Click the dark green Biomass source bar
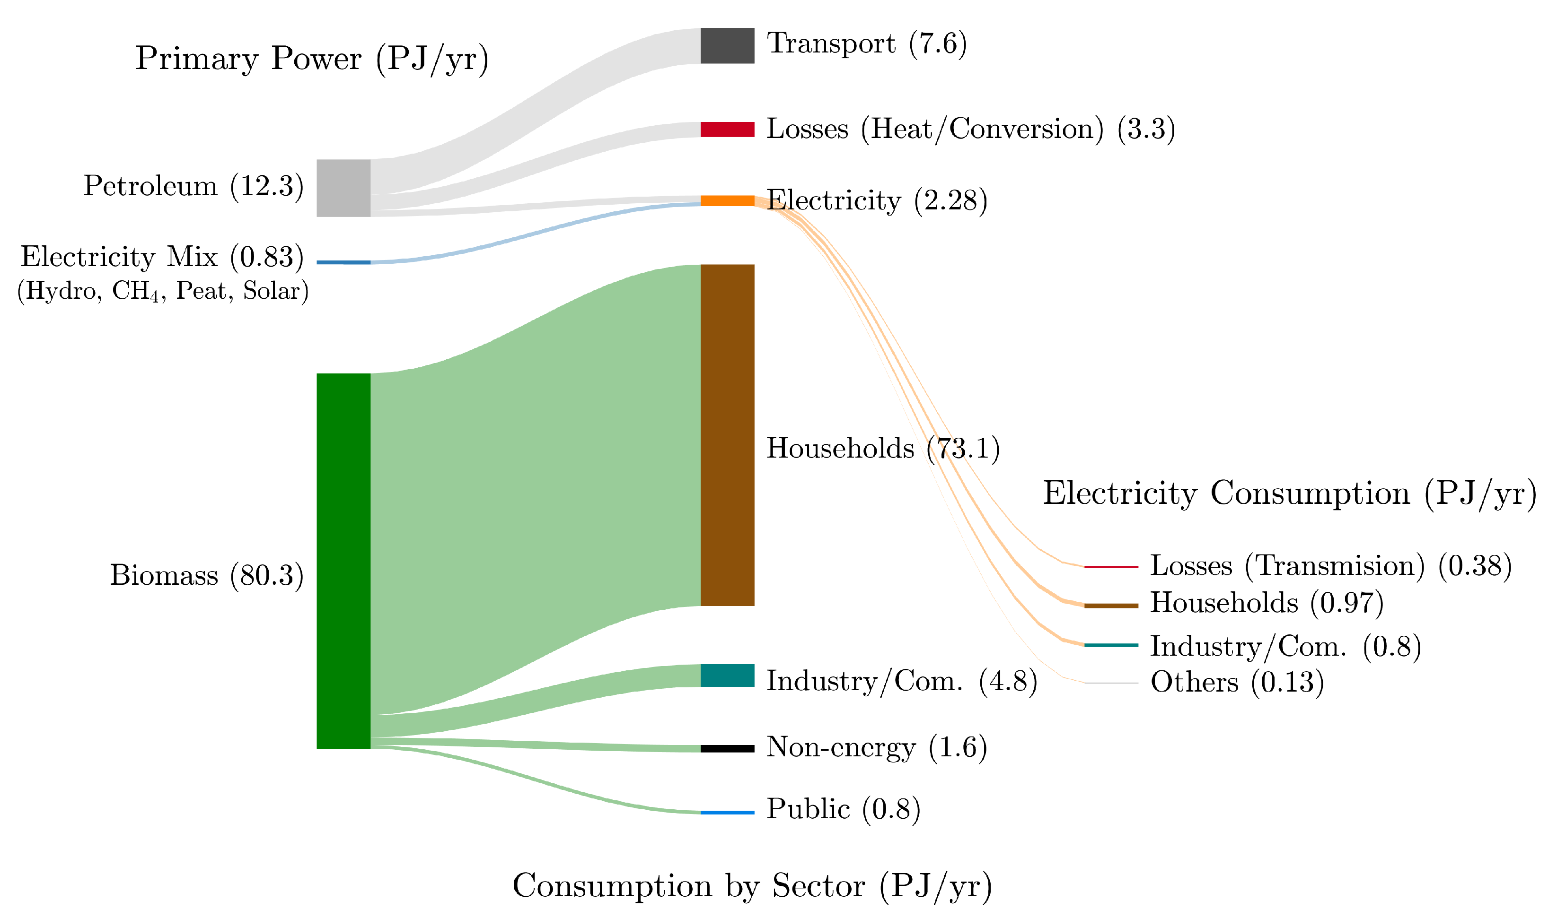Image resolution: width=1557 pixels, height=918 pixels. tap(343, 561)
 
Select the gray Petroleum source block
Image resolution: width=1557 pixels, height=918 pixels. tap(343, 188)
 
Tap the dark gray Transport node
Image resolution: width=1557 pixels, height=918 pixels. tap(728, 46)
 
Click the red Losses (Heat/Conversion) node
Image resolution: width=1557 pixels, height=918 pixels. tap(728, 130)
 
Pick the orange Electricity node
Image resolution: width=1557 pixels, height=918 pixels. tap(728, 200)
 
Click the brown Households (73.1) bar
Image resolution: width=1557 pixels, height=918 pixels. tap(728, 435)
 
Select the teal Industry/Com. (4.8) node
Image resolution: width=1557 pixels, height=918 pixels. tap(728, 676)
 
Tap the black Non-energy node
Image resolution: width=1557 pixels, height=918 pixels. tap(728, 748)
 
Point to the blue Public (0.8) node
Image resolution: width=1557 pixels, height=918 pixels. tap(728, 812)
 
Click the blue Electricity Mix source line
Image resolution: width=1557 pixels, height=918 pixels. tap(343, 262)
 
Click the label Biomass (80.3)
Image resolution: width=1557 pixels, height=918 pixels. tap(207, 575)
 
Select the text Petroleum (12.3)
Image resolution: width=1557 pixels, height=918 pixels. tap(193, 186)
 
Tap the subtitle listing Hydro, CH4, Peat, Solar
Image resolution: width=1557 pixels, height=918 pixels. tap(163, 291)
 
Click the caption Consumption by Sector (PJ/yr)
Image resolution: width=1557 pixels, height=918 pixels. tap(752, 886)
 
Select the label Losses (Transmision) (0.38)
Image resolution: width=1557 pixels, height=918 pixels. tap(1331, 565)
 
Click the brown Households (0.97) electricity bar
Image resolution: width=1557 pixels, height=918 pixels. tap(1111, 606)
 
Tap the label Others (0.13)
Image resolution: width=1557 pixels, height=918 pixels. tap(1237, 682)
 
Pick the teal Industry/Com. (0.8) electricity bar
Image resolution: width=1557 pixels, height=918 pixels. tap(1111, 645)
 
